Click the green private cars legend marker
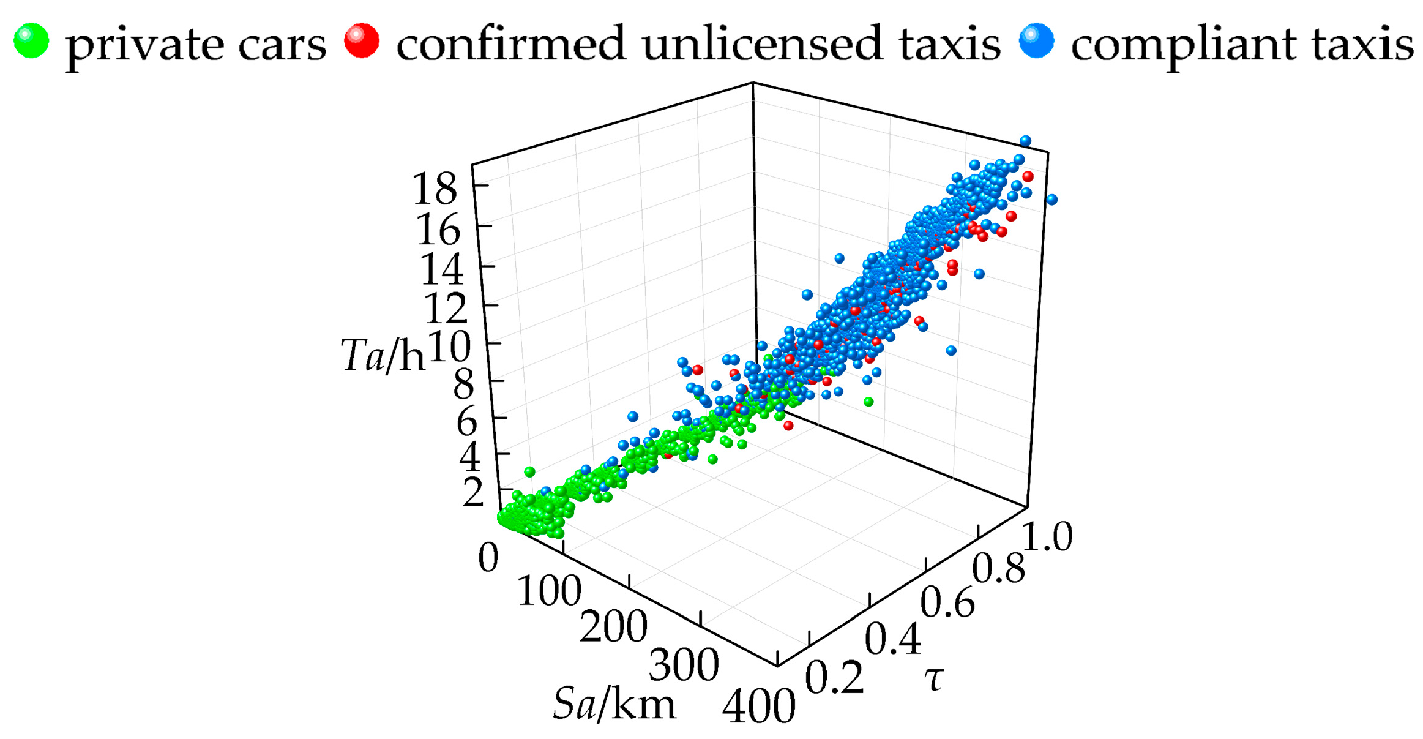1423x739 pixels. (31, 41)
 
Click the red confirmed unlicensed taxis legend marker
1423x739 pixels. (361, 41)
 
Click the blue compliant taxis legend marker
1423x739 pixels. (1036, 41)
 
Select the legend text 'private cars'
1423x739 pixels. (196, 44)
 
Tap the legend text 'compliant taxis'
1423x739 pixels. (1242, 44)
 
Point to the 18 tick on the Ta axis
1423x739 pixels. (435, 189)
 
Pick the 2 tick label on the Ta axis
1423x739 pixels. (473, 493)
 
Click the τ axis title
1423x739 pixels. (933, 678)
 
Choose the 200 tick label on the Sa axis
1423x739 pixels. (613, 627)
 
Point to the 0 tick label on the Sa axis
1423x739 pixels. (488, 558)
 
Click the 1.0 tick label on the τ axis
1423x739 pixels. (1047, 537)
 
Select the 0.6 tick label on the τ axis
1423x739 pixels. (946, 602)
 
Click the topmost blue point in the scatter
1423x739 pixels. (1025, 141)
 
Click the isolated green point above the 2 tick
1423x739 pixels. (529, 472)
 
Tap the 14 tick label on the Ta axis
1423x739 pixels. (441, 269)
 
